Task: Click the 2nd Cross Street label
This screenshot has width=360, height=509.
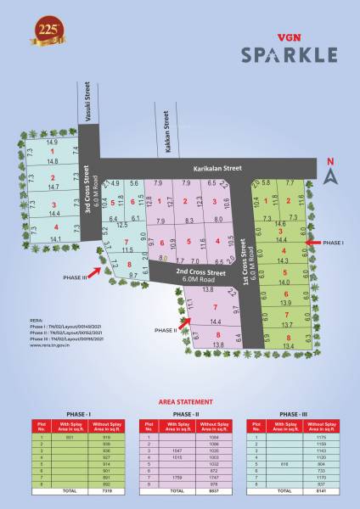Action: pos(200,273)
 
